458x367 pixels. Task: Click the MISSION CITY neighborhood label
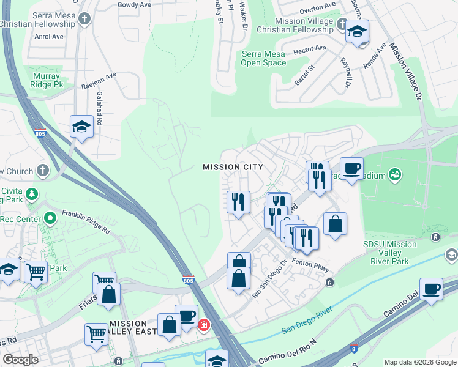pyautogui.click(x=233, y=167)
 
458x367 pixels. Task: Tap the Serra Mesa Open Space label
pyautogui.click(x=263, y=58)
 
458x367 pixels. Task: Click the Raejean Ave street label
pyautogui.click(x=99, y=81)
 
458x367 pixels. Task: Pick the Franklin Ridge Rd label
pyautogui.click(x=85, y=223)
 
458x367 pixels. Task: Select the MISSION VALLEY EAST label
pyautogui.click(x=129, y=328)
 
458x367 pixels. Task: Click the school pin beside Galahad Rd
pyautogui.click(x=81, y=127)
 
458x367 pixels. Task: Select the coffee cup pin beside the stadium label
pyautogui.click(x=351, y=168)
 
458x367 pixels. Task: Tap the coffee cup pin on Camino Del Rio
pyautogui.click(x=431, y=289)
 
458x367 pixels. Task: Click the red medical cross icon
pyautogui.click(x=203, y=325)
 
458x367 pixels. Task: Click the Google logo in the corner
pyautogui.click(x=20, y=360)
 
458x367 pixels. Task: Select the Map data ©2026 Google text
pyautogui.click(x=419, y=362)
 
